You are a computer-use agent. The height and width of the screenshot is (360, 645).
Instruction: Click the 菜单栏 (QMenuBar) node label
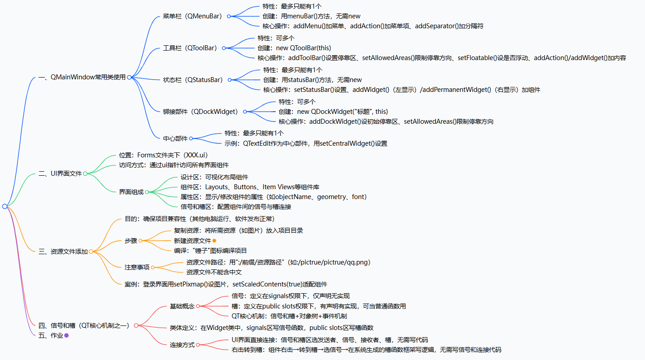point(192,17)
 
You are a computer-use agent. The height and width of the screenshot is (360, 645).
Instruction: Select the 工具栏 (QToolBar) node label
point(190,48)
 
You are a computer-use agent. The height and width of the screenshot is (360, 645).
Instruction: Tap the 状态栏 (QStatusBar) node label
point(192,80)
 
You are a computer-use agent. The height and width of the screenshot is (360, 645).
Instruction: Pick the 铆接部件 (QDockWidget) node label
point(200,112)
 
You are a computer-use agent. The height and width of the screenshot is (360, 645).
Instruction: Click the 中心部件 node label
point(175,139)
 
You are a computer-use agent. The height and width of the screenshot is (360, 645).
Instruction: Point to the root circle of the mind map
point(4,206)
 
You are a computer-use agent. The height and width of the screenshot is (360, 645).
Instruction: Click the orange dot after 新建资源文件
point(214,241)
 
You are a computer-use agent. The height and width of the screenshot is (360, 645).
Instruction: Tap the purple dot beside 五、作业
point(66,335)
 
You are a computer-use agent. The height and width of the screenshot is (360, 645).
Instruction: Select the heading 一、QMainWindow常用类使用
point(82,77)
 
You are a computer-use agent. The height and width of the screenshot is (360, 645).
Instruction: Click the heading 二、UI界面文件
point(60,173)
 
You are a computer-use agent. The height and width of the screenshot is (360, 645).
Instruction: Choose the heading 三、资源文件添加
point(63,252)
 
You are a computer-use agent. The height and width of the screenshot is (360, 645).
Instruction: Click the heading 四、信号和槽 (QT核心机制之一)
point(84,325)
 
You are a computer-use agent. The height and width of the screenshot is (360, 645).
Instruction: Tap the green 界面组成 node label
point(131,192)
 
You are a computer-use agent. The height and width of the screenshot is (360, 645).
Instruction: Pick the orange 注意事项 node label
point(137,267)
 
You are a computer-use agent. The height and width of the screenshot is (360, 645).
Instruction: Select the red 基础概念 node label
point(182,306)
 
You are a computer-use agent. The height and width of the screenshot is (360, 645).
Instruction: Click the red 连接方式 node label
point(182,345)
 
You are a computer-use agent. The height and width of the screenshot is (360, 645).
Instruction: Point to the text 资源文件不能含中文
point(214,272)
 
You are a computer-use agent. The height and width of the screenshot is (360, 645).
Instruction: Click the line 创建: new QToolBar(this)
point(294,48)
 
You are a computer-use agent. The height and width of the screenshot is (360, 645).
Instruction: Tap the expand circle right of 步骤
point(140,241)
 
